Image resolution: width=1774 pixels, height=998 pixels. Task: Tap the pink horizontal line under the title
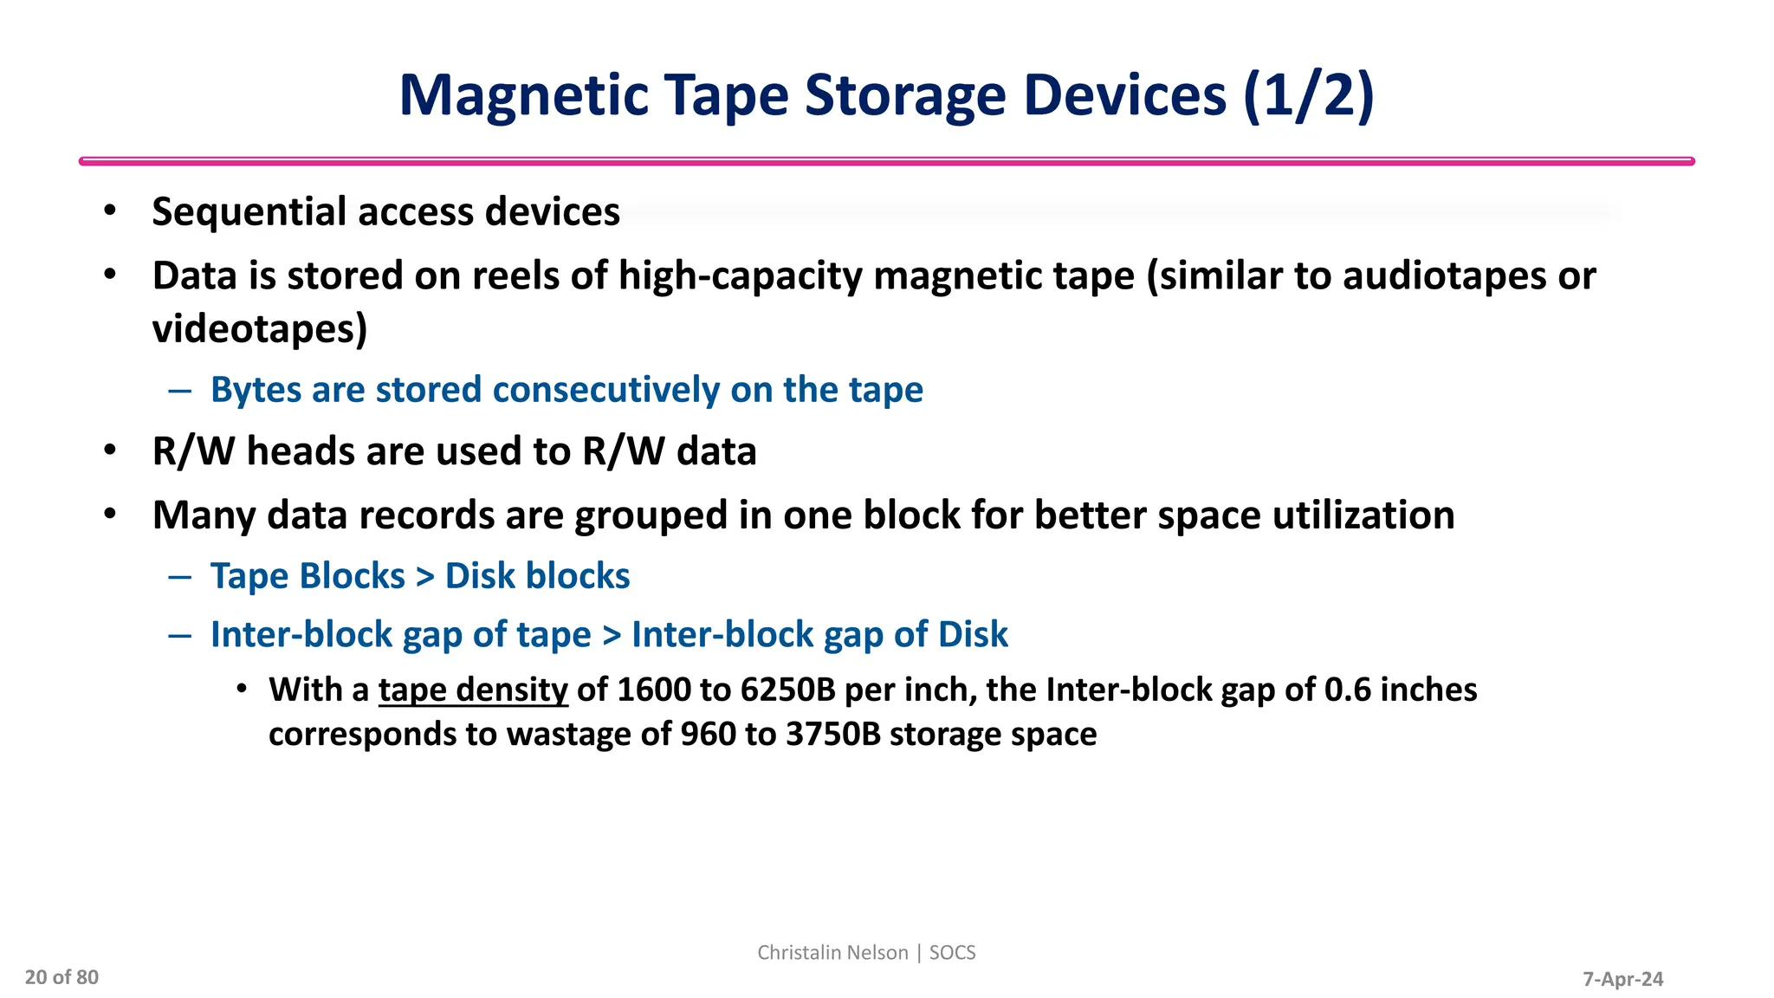[886, 161]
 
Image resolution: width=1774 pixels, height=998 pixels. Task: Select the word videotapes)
[260, 329]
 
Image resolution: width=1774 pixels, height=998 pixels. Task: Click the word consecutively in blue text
[605, 390]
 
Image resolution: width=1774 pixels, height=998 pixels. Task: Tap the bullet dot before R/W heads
[110, 450]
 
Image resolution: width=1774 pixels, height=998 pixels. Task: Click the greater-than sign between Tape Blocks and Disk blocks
[424, 577]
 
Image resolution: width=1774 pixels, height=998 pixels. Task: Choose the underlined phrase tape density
[473, 690]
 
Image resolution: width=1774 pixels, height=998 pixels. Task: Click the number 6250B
[787, 690]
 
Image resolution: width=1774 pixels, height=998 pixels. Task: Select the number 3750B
[832, 735]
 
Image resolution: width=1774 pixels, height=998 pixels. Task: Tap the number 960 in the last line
[708, 735]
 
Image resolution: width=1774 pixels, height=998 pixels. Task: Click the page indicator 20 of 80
[62, 978]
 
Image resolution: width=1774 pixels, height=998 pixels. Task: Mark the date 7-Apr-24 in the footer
[1622, 980]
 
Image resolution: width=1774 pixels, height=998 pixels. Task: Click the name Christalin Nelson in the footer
[832, 953]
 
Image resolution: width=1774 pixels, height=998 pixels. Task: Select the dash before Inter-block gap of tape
[180, 636]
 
